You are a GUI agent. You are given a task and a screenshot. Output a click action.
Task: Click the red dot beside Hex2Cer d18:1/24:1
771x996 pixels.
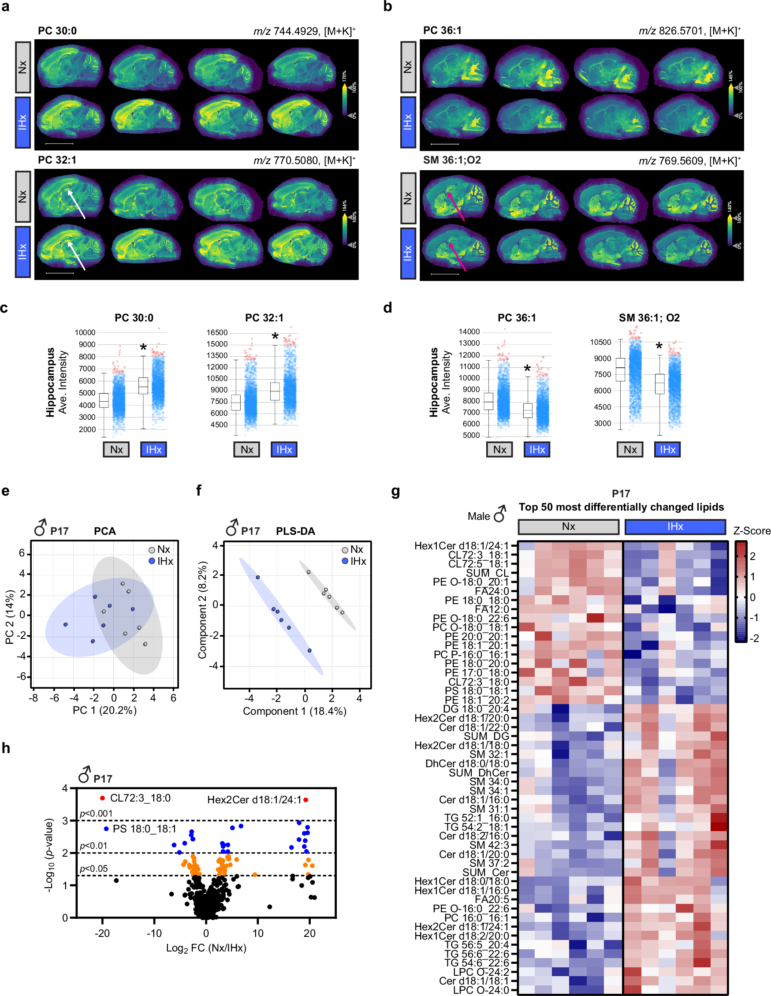305,799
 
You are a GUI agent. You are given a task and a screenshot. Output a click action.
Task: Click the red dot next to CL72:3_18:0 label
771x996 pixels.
102,798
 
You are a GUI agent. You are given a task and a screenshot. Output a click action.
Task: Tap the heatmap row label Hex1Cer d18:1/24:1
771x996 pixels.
461,546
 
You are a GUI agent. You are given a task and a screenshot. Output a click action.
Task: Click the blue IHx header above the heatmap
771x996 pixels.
675,526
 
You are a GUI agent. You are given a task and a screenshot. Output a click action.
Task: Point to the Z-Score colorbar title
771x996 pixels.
752,531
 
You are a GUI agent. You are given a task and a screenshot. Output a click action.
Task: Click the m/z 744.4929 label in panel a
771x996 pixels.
304,31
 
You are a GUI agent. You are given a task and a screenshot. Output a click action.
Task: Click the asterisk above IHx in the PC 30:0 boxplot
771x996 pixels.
143,348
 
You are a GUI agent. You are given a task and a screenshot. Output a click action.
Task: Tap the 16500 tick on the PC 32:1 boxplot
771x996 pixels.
217,332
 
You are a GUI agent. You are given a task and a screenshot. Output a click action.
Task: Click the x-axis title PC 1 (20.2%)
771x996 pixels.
104,710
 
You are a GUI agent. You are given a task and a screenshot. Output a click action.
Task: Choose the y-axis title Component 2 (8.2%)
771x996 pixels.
202,610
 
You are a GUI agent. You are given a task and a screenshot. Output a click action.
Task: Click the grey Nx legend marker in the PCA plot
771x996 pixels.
152,550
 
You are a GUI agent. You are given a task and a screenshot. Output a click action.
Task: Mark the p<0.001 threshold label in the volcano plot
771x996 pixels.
96,813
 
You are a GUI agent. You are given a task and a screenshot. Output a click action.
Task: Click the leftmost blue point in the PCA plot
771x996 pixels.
66,624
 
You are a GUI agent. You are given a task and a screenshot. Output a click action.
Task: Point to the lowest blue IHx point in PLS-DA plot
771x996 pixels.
309,650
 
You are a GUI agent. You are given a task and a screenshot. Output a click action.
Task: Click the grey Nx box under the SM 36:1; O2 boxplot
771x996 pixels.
629,449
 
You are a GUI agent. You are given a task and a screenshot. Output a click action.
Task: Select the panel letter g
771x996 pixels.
395,492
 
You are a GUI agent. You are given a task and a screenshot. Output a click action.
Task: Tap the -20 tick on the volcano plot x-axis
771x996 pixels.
102,933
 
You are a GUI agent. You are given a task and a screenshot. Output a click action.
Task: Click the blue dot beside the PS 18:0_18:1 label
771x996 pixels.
106,828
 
